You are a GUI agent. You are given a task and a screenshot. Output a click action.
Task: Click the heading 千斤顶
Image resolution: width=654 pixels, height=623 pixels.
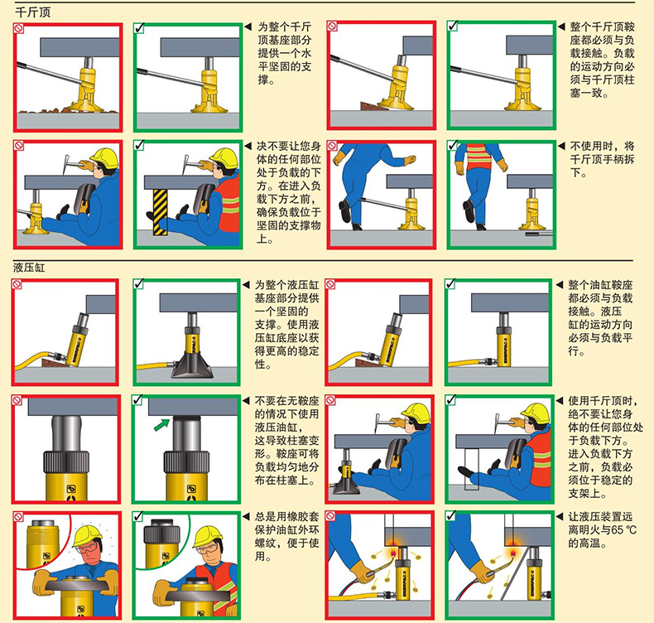(x=33, y=12)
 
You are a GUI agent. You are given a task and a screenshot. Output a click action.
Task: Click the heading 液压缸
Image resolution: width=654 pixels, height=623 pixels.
(x=29, y=268)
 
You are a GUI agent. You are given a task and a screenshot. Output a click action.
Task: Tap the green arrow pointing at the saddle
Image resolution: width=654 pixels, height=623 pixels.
(x=161, y=424)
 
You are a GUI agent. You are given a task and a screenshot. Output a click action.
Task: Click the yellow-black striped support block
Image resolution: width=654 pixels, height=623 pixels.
(x=160, y=212)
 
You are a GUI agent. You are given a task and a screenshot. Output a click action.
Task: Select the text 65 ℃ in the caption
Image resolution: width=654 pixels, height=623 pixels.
(x=623, y=530)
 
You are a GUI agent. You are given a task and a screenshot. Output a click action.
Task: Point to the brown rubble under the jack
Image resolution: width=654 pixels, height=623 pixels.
(x=67, y=110)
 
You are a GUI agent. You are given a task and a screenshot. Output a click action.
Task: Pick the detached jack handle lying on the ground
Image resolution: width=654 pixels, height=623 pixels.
(x=539, y=234)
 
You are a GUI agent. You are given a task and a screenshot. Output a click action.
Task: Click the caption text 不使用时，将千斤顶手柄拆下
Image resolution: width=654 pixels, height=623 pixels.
(x=602, y=159)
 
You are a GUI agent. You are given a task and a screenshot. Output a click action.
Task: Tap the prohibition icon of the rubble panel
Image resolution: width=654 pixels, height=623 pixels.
(x=18, y=28)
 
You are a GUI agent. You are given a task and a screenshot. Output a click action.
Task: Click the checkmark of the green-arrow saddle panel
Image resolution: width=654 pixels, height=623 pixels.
(x=137, y=400)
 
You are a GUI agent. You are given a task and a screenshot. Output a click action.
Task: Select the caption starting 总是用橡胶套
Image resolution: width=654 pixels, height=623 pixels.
(x=287, y=536)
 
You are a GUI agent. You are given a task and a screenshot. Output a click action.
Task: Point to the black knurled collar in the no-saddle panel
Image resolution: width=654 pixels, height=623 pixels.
(x=66, y=461)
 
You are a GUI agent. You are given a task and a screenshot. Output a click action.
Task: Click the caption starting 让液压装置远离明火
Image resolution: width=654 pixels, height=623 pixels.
(x=603, y=530)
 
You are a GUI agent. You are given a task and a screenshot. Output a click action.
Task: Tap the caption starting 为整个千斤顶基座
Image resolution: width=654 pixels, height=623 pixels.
(x=285, y=53)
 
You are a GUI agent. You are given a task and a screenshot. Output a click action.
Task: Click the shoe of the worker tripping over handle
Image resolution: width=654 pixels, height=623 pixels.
(x=344, y=211)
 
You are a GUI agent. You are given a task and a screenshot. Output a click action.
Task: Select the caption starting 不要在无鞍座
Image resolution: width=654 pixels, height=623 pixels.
(x=287, y=441)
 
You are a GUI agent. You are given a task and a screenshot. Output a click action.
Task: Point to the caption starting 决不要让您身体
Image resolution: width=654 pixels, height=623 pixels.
(x=289, y=192)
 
